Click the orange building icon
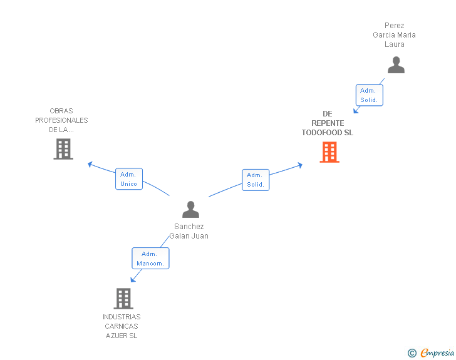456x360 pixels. click(x=329, y=152)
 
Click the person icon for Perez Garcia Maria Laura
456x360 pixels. click(x=396, y=65)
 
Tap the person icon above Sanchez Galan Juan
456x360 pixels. click(x=190, y=209)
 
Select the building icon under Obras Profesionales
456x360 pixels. click(x=63, y=149)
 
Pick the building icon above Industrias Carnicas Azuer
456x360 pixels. click(x=123, y=299)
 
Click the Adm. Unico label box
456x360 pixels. click(x=129, y=179)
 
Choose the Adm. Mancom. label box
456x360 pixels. click(x=150, y=258)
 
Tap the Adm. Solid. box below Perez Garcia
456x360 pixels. click(x=370, y=95)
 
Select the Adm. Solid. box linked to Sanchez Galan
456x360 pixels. click(x=256, y=180)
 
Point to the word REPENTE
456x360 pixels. click(x=328, y=123)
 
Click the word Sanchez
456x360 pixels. click(x=189, y=226)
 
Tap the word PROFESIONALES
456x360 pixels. click(x=61, y=120)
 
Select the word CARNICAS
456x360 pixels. click(x=122, y=326)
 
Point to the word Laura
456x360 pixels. click(x=395, y=44)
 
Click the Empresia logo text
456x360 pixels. click(x=437, y=352)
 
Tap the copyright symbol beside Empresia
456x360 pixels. click(x=412, y=353)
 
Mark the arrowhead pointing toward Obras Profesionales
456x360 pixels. click(x=90, y=165)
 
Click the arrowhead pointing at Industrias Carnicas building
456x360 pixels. click(x=133, y=279)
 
